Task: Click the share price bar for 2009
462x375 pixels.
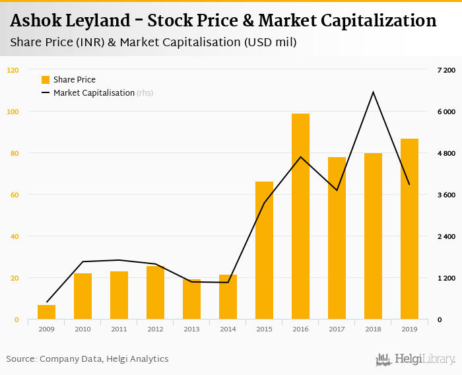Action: pos(46,312)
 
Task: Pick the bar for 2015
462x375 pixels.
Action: pos(264,250)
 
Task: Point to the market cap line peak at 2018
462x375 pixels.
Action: pos(373,92)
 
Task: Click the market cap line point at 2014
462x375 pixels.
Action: pos(228,283)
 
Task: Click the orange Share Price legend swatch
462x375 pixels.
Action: pos(46,80)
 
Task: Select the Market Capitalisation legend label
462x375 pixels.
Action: pos(94,93)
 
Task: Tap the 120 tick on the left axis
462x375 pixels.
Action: pos(13,70)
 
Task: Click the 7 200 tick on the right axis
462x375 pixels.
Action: pos(446,70)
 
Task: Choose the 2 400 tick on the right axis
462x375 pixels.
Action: pos(446,236)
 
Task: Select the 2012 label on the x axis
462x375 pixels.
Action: pos(155,329)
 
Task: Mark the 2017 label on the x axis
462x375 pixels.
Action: pos(337,329)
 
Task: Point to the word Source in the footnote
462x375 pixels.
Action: pos(20,359)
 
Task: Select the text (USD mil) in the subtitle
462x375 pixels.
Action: pos(270,43)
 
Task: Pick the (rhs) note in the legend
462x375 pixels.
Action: pos(145,93)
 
